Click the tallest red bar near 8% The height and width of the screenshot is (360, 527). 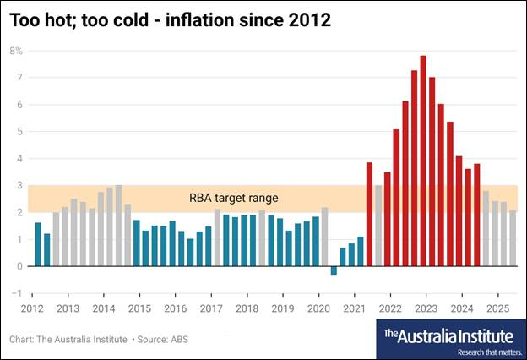click(423, 161)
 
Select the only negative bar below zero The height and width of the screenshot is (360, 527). click(334, 270)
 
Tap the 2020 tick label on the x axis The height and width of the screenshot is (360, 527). click(320, 308)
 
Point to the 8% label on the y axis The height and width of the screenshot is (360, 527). click(16, 51)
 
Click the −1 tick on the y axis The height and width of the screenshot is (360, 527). click(17, 292)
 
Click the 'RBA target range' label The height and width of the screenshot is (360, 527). click(234, 198)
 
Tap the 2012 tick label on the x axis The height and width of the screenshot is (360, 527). click(33, 308)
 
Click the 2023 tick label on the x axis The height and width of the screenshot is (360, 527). click(427, 308)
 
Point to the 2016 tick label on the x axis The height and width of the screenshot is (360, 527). click(177, 308)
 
